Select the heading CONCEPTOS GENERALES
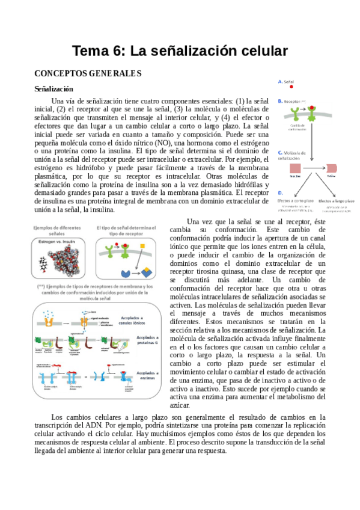coord(87,74)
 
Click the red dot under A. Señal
coord(291,87)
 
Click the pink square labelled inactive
coord(295,169)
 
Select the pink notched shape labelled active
coord(332,169)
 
